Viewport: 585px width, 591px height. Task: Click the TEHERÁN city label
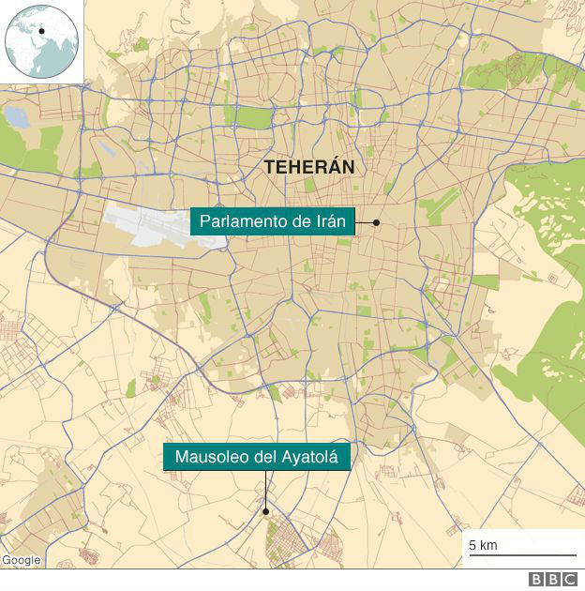click(x=308, y=167)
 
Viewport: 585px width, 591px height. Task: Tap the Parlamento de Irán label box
click(x=272, y=222)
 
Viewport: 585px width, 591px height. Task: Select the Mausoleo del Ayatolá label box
click(x=258, y=457)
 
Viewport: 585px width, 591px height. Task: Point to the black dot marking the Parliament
click(x=376, y=223)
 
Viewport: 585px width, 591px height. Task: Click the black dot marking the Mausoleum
click(x=266, y=511)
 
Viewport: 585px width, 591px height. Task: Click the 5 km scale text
click(x=483, y=545)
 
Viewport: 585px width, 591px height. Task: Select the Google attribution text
click(x=21, y=560)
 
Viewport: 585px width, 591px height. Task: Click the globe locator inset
click(x=40, y=40)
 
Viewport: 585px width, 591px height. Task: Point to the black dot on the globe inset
click(x=42, y=31)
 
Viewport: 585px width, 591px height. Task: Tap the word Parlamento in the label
click(x=238, y=222)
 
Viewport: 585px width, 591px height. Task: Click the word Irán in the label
click(x=329, y=222)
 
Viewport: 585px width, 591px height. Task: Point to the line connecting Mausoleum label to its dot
click(x=265, y=488)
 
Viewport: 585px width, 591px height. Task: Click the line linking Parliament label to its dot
click(x=364, y=223)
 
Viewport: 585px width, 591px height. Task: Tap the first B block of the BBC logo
click(x=536, y=580)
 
